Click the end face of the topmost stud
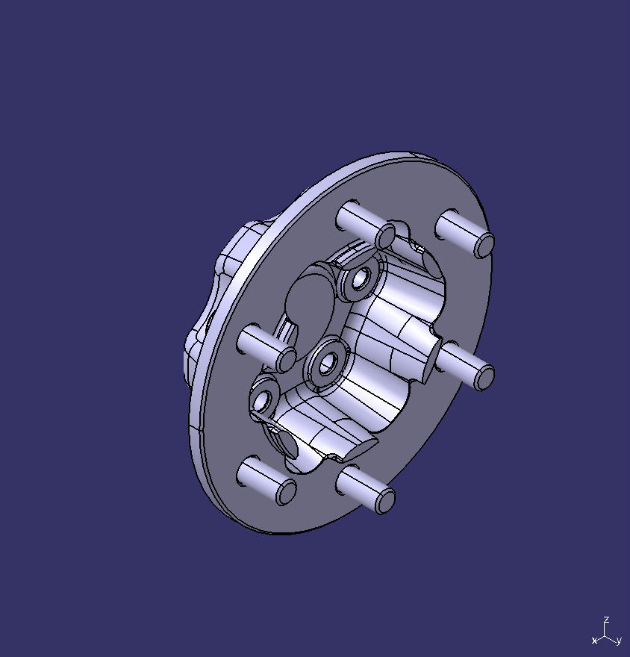pos(385,237)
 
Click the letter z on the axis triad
pos(608,620)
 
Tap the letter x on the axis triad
pos(594,641)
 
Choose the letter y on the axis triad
pos(619,641)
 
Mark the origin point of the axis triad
pos(605,635)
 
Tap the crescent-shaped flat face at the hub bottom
pos(351,451)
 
